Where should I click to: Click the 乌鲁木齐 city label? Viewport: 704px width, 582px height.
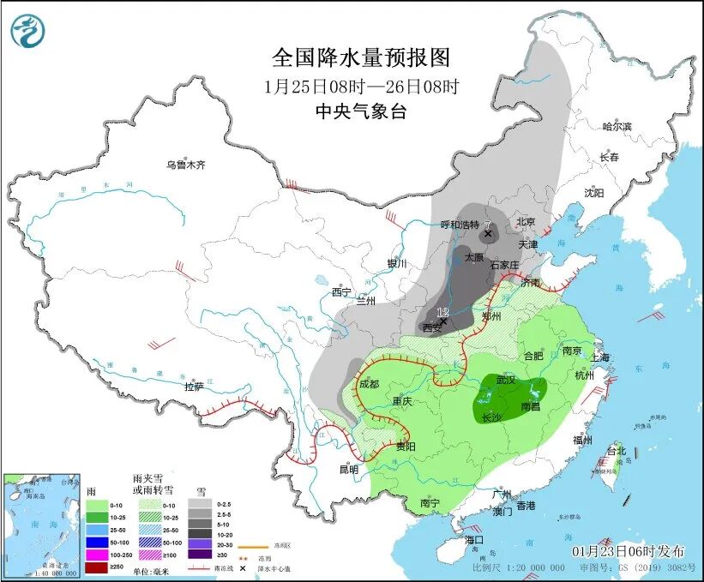click(186, 165)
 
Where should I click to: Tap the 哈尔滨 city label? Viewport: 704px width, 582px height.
click(617, 127)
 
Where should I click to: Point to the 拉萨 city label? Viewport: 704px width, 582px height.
click(195, 387)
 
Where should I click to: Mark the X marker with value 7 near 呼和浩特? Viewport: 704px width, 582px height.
click(488, 233)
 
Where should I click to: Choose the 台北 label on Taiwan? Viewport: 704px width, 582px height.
click(617, 450)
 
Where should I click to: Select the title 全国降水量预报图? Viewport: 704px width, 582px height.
click(361, 57)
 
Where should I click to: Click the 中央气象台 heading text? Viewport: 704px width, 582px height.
click(361, 111)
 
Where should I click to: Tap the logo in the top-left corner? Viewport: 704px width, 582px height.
click(28, 32)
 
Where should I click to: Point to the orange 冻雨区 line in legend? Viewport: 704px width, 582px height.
click(250, 544)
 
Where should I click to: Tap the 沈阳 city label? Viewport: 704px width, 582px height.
click(593, 193)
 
